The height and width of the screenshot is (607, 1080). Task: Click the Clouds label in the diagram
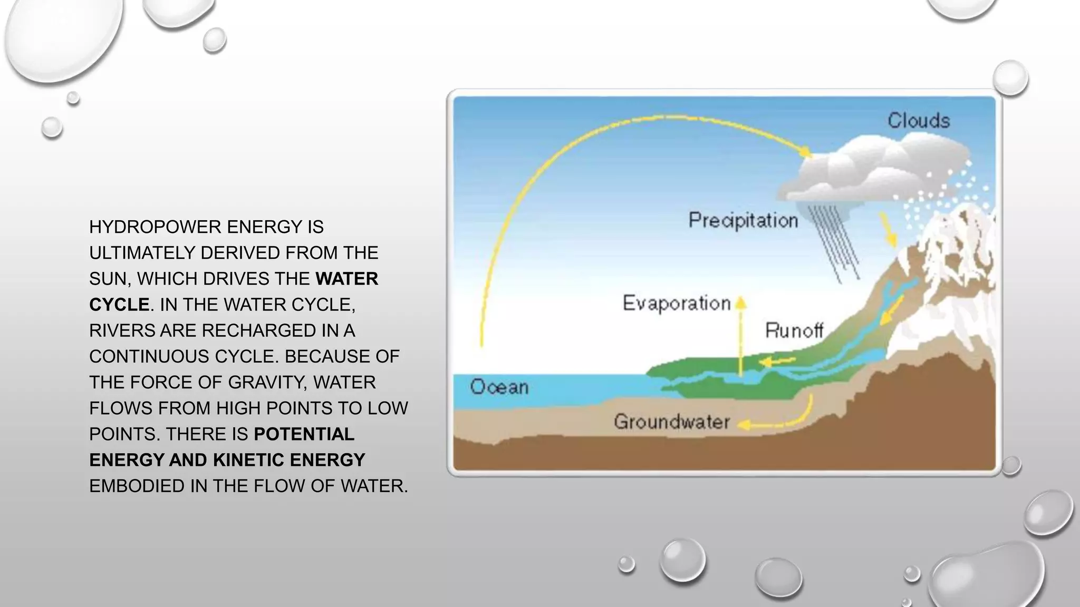tap(919, 121)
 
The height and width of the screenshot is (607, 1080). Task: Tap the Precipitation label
tap(743, 220)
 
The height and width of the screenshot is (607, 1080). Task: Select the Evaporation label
tap(677, 303)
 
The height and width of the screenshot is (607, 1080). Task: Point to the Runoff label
tap(794, 331)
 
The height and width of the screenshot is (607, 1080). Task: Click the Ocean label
tap(499, 387)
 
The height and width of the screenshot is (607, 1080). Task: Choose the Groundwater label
tap(672, 422)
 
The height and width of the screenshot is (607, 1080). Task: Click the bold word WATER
tap(346, 279)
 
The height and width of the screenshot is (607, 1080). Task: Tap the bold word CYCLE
tap(119, 305)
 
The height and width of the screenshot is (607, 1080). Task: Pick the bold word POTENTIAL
tap(304, 434)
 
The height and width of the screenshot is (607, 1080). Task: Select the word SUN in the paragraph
tap(108, 279)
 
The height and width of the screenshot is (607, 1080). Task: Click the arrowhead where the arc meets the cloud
tap(805, 153)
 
